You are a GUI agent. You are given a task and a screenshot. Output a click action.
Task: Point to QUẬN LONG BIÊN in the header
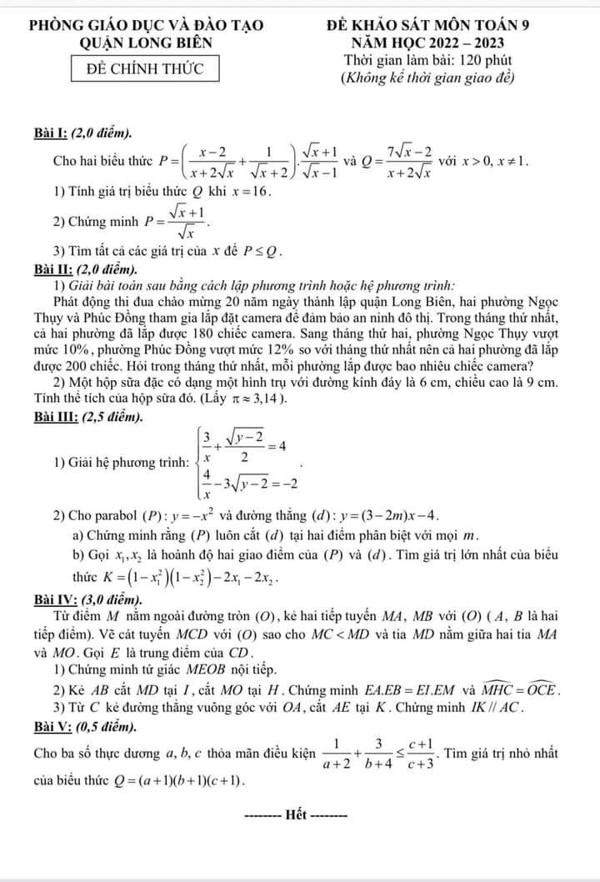click(x=146, y=43)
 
